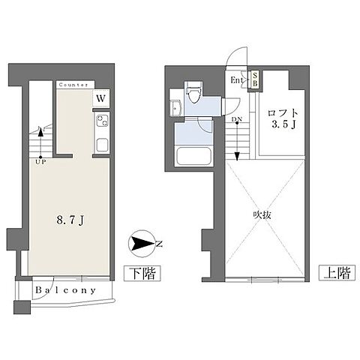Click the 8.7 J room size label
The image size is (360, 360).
tap(70, 220)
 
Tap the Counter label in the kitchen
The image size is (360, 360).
tap(73, 85)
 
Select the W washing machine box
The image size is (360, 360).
tap(101, 98)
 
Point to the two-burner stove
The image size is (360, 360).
tap(103, 120)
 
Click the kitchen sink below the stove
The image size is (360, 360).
tap(103, 145)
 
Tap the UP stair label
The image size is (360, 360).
tap(40, 162)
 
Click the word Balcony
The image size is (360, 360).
tap(66, 290)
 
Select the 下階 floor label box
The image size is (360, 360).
tap(142, 273)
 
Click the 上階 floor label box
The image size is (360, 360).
tap(337, 272)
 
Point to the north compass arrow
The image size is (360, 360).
tap(142, 244)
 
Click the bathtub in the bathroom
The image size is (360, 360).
tap(193, 156)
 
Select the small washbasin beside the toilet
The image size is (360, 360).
tap(176, 108)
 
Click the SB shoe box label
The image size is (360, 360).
tap(255, 79)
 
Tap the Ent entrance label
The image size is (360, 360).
tap(237, 80)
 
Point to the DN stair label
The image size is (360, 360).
tap(236, 119)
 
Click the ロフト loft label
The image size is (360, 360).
tap(283, 113)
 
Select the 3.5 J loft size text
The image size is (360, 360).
tap(283, 124)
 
